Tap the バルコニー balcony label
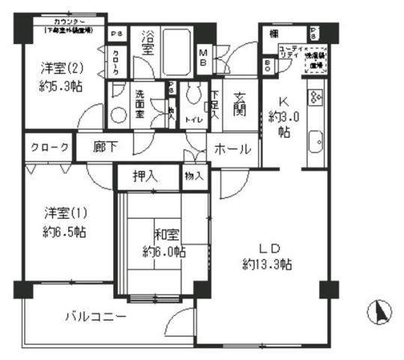point(94,316)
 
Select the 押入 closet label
point(145,177)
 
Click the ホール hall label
point(233,149)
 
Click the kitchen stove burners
point(316,97)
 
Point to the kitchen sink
point(316,140)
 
